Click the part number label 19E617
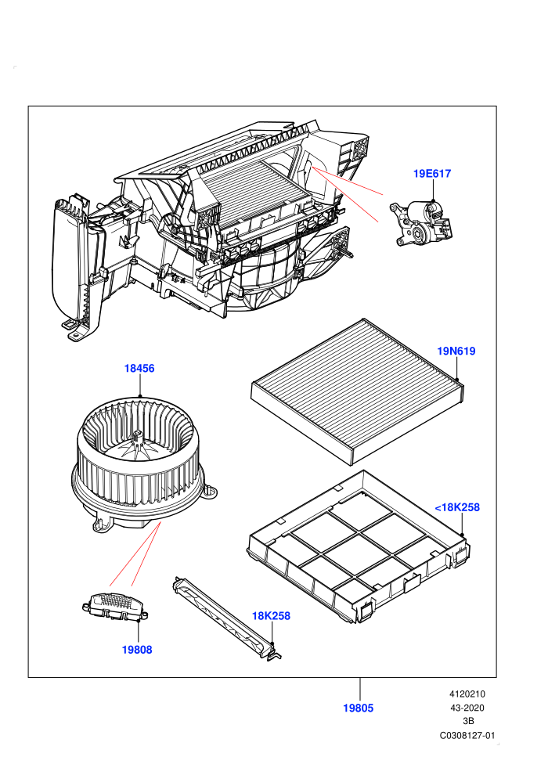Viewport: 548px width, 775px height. [432, 174]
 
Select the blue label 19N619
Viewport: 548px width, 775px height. [456, 351]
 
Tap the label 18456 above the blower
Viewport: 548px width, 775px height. [139, 368]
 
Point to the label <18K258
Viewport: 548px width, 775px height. [457, 507]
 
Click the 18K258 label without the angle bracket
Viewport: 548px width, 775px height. [271, 616]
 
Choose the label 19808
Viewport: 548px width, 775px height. [137, 650]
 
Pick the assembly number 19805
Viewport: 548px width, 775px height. [359, 708]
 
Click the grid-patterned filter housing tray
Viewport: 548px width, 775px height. [359, 546]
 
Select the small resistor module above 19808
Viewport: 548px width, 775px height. [115, 606]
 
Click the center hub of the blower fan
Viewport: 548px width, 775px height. [138, 438]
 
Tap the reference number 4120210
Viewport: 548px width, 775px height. [467, 694]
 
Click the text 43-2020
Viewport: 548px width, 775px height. [467, 708]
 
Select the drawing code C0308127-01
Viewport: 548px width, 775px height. [467, 735]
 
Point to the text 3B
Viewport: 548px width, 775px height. [467, 721]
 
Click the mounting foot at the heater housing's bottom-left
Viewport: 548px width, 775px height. [76, 330]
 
